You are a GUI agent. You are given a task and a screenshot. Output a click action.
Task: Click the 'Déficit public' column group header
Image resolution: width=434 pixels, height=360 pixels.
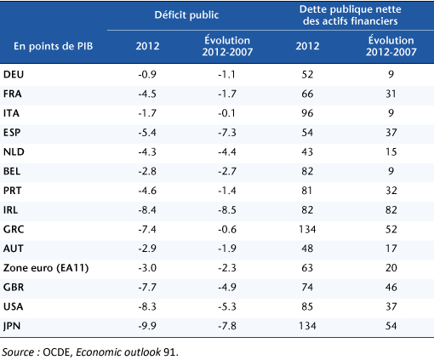point(186,15)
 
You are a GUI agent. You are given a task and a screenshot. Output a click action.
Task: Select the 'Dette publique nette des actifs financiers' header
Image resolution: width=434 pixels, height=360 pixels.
point(351,15)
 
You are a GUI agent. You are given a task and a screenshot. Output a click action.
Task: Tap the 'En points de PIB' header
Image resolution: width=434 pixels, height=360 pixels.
point(54,46)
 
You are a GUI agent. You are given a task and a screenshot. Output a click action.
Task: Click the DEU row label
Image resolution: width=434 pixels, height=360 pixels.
point(14,74)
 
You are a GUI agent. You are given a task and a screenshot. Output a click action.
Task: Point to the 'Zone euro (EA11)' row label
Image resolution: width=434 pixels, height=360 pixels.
point(46,268)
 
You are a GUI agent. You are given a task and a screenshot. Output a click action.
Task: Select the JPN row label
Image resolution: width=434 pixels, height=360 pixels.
point(12,326)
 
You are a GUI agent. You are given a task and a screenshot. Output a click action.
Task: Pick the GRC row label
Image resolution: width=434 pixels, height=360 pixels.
point(14,229)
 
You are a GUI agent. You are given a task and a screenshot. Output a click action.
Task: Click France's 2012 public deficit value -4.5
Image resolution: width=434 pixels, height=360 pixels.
point(147,94)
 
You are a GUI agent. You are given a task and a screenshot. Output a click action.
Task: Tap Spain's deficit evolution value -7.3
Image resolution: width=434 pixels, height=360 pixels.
point(227,133)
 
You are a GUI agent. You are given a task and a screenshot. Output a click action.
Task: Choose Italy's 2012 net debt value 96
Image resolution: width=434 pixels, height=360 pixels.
point(307,113)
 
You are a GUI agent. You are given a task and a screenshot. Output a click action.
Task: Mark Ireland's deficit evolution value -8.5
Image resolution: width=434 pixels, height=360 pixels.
point(227,210)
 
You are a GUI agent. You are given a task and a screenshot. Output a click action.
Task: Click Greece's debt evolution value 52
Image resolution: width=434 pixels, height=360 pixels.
point(391,229)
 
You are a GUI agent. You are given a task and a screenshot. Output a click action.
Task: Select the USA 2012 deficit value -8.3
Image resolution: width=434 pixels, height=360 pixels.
point(147,306)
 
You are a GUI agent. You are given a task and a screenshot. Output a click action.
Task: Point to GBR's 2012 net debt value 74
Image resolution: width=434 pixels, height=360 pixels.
point(307,288)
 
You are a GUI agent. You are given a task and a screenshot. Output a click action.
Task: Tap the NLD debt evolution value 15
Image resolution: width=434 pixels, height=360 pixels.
point(391,151)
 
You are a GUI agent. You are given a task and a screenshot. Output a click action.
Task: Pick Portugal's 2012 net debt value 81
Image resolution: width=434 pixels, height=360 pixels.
point(307,191)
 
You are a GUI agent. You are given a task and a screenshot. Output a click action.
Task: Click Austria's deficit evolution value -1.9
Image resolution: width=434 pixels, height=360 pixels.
point(227,249)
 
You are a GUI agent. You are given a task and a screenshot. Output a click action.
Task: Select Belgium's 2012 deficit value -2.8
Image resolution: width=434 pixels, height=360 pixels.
point(147,171)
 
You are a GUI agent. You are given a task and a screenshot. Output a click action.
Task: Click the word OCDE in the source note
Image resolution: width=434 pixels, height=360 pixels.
point(58,352)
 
